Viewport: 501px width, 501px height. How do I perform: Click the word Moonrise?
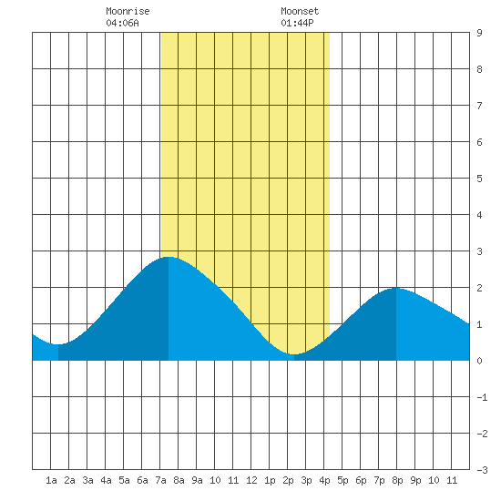pyautogui.click(x=128, y=11)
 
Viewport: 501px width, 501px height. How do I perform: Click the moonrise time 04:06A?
pyautogui.click(x=123, y=23)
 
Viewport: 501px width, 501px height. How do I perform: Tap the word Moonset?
pyautogui.click(x=300, y=11)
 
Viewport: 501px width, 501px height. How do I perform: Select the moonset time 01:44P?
pyautogui.click(x=298, y=23)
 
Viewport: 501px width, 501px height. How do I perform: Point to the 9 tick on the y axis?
pyautogui.click(x=479, y=33)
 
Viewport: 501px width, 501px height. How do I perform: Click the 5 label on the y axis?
pyautogui.click(x=479, y=179)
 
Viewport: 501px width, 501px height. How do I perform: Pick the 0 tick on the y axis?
pyautogui.click(x=479, y=361)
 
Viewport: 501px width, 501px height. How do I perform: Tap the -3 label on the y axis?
pyautogui.click(x=482, y=470)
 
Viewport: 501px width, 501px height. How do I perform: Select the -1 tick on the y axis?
pyautogui.click(x=482, y=397)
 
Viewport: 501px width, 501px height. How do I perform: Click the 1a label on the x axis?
pyautogui.click(x=51, y=480)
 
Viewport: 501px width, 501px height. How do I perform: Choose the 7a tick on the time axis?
pyautogui.click(x=160, y=480)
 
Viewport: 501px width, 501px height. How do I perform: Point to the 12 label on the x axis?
pyautogui.click(x=251, y=480)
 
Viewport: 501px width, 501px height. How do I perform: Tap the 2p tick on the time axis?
pyautogui.click(x=288, y=480)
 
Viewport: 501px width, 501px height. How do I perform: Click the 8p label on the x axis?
pyautogui.click(x=397, y=480)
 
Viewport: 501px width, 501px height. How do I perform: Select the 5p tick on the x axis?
pyautogui.click(x=343, y=480)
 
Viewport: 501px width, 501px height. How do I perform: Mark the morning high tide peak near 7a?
pyautogui.click(x=169, y=257)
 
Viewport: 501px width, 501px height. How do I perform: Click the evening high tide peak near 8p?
pyautogui.click(x=396, y=288)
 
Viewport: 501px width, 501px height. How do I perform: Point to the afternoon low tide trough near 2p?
pyautogui.click(x=294, y=354)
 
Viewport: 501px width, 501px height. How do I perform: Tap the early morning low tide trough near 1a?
pyautogui.click(x=58, y=344)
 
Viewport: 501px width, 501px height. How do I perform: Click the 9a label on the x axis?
pyautogui.click(x=197, y=480)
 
